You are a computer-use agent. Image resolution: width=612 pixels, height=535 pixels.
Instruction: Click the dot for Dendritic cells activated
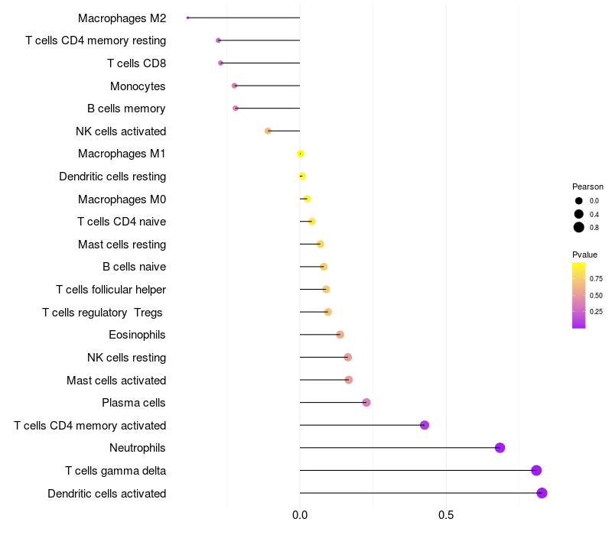[542, 493]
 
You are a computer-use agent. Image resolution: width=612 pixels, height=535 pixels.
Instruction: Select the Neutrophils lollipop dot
[500, 448]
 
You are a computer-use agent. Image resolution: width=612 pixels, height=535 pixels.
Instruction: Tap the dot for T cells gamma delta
[536, 470]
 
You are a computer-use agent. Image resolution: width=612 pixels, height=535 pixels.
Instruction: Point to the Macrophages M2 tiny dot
[187, 18]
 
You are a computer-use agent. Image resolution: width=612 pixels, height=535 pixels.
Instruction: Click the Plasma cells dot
[366, 403]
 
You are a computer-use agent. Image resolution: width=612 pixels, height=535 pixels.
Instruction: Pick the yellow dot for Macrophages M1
[301, 154]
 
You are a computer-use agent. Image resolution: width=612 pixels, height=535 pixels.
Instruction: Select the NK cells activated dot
[268, 131]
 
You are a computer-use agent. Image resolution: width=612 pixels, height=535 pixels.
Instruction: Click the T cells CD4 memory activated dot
[425, 425]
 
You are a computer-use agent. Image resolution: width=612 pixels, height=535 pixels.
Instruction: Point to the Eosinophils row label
[137, 335]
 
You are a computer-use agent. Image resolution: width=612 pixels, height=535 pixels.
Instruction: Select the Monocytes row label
[138, 86]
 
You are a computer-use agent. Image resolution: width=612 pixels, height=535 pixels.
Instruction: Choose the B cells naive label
[134, 267]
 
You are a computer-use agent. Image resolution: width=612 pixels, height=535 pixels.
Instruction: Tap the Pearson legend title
[588, 186]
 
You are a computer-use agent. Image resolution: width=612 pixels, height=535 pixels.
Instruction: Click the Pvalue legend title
[585, 255]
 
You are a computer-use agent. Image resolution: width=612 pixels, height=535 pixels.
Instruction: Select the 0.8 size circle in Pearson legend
[579, 227]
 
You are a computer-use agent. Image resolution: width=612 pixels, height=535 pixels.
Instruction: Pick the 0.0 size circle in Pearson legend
[579, 200]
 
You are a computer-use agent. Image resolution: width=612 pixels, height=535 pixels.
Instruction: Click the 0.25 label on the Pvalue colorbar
[596, 311]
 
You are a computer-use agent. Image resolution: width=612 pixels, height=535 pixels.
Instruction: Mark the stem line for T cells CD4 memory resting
[260, 40]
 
